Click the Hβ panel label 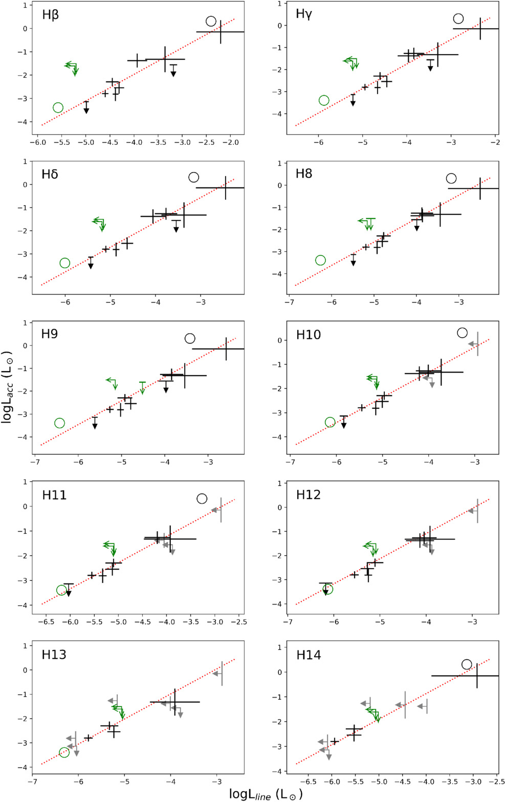pos(50,15)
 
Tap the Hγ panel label pos(304,14)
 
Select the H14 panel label pos(309,655)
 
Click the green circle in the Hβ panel pos(58,107)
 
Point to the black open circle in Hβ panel pos(211,21)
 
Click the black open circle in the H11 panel pos(202,498)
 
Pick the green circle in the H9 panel pos(59,423)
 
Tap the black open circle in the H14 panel pos(466,664)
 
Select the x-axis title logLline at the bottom pos(266,793)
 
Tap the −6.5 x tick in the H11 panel pos(46,622)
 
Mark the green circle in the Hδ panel pos(64,263)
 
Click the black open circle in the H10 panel pos(462,333)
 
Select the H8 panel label pos(304,174)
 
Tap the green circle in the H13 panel pos(64,752)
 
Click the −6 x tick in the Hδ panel pos(65,302)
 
